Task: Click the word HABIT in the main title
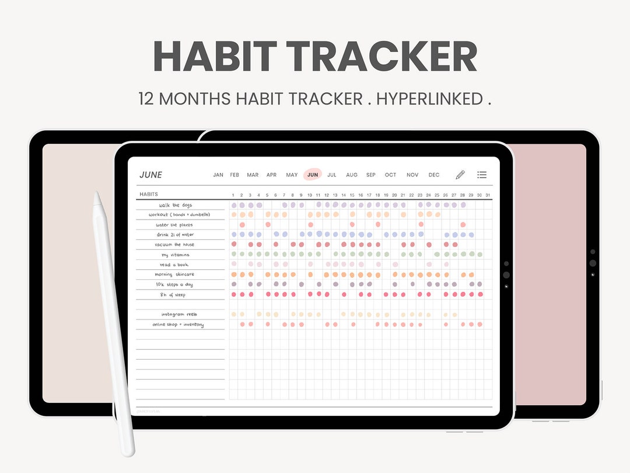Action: (215, 57)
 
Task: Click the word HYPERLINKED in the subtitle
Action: (429, 99)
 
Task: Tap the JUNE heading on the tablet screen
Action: (150, 175)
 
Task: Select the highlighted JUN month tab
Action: (313, 175)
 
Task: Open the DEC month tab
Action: (434, 175)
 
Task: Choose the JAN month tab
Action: (218, 175)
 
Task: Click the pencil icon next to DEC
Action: (460, 175)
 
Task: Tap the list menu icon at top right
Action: (482, 175)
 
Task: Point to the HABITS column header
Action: (149, 194)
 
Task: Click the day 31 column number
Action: (488, 195)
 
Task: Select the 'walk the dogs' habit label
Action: (175, 205)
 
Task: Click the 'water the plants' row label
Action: (174, 225)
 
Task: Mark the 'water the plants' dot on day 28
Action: (463, 225)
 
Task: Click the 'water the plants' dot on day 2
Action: (242, 225)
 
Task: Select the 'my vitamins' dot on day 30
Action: (480, 255)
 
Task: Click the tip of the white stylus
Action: (97, 195)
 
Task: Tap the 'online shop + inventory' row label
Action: (178, 325)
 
